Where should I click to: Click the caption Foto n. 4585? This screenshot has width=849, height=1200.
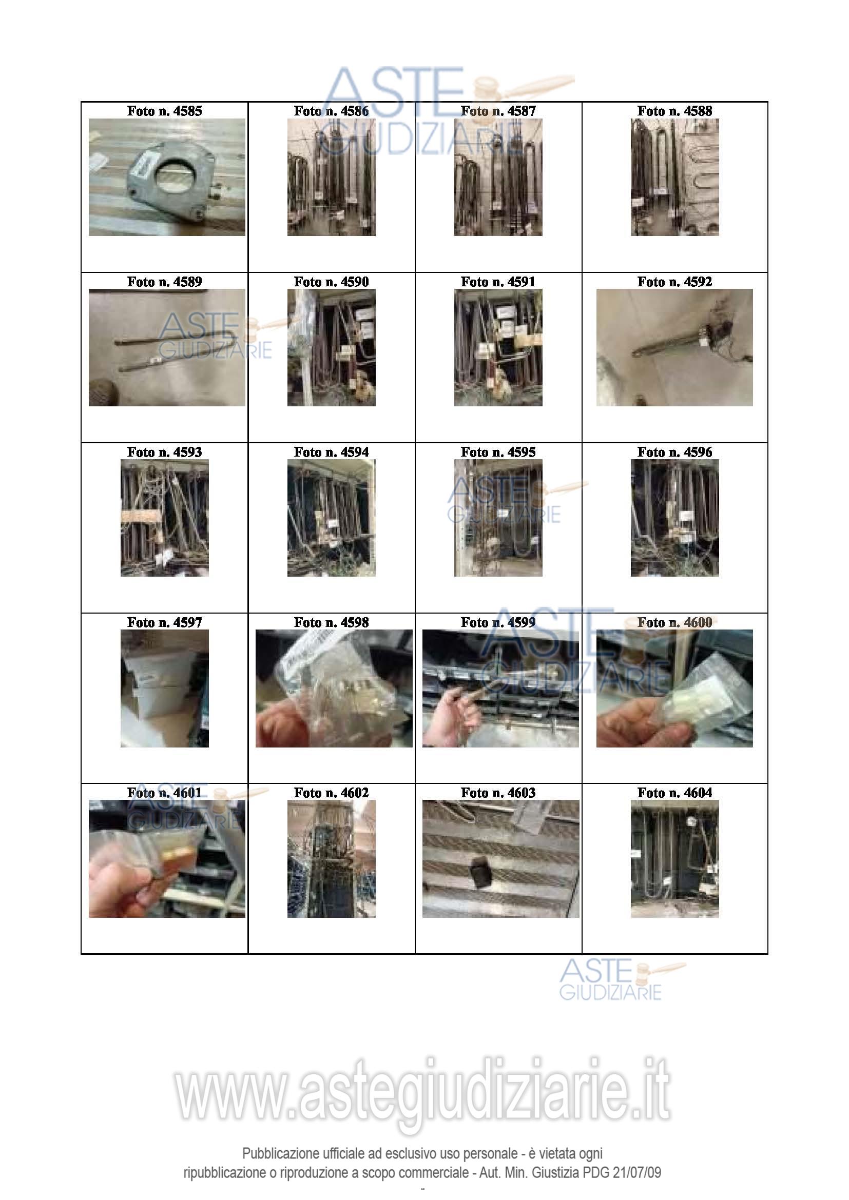point(164,111)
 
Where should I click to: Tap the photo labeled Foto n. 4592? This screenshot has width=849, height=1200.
point(674,347)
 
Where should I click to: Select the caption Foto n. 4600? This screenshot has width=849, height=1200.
point(674,622)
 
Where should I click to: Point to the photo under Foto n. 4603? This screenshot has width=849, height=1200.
point(500,859)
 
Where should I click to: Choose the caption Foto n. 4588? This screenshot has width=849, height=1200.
point(674,111)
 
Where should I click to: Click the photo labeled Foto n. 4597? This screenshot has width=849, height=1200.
point(165,688)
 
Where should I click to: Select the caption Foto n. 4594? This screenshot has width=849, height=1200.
point(332,452)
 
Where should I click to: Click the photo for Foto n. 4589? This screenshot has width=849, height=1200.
point(167,347)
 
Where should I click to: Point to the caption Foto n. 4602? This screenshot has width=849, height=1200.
point(332,793)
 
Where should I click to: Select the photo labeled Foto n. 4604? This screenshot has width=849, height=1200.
point(674,859)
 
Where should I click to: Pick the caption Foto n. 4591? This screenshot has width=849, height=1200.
point(498,282)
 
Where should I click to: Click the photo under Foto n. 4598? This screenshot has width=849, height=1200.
point(334,688)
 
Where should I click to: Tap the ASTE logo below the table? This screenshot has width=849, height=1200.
point(622,980)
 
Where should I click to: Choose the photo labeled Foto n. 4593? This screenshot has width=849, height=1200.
point(165,518)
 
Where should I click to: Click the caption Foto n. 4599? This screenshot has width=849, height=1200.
point(498,622)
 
